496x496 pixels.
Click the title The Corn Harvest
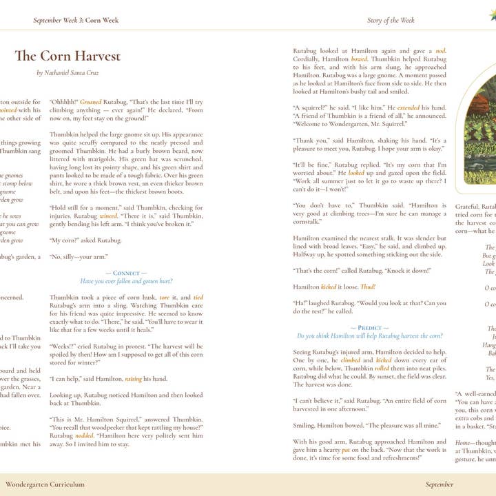click(x=68, y=56)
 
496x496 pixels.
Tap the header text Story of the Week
click(x=391, y=21)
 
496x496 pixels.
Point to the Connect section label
click(x=126, y=273)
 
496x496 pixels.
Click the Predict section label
click(x=369, y=328)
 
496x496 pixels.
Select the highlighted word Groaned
click(x=91, y=101)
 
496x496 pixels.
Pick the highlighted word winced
click(x=107, y=215)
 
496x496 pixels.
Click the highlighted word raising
click(x=134, y=378)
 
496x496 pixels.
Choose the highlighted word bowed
click(x=359, y=59)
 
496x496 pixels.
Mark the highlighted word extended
click(x=408, y=107)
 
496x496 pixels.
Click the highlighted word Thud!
click(x=368, y=287)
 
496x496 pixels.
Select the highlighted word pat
click(x=365, y=449)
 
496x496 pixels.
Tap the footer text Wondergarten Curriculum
click(x=45, y=484)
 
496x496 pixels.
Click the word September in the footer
click(x=440, y=484)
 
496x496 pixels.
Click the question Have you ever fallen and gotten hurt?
click(x=126, y=281)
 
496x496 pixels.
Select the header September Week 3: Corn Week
click(x=76, y=21)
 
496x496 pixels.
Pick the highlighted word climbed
click(x=350, y=360)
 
